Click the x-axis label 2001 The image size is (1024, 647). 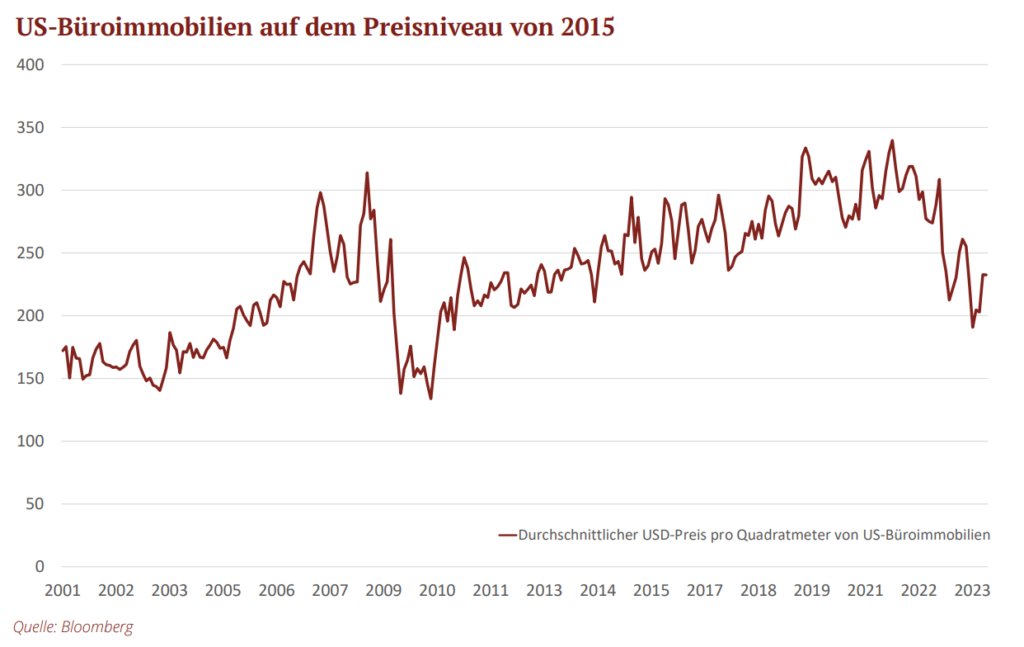click(62, 591)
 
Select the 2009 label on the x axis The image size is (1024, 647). click(383, 591)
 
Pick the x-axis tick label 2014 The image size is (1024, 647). click(598, 591)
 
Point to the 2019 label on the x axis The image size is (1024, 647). click(812, 591)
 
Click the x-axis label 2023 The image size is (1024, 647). click(972, 591)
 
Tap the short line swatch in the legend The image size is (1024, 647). click(506, 535)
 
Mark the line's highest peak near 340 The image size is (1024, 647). click(892, 140)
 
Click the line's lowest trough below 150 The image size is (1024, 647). click(430, 399)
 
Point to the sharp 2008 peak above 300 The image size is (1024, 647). click(367, 173)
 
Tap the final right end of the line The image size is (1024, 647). click(986, 275)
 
